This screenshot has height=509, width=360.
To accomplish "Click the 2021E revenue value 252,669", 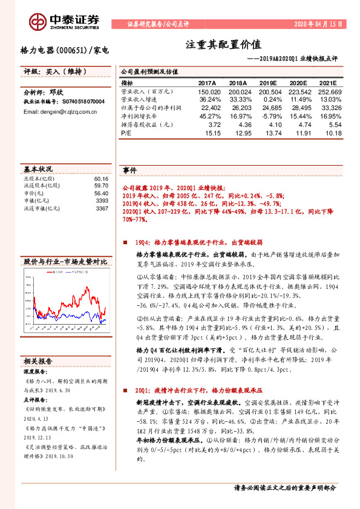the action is [330, 91].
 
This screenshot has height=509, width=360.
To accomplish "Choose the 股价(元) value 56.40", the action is [101, 193].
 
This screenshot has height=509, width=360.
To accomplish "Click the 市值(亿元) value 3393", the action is [102, 201].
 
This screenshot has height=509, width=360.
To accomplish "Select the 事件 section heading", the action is [129, 170].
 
